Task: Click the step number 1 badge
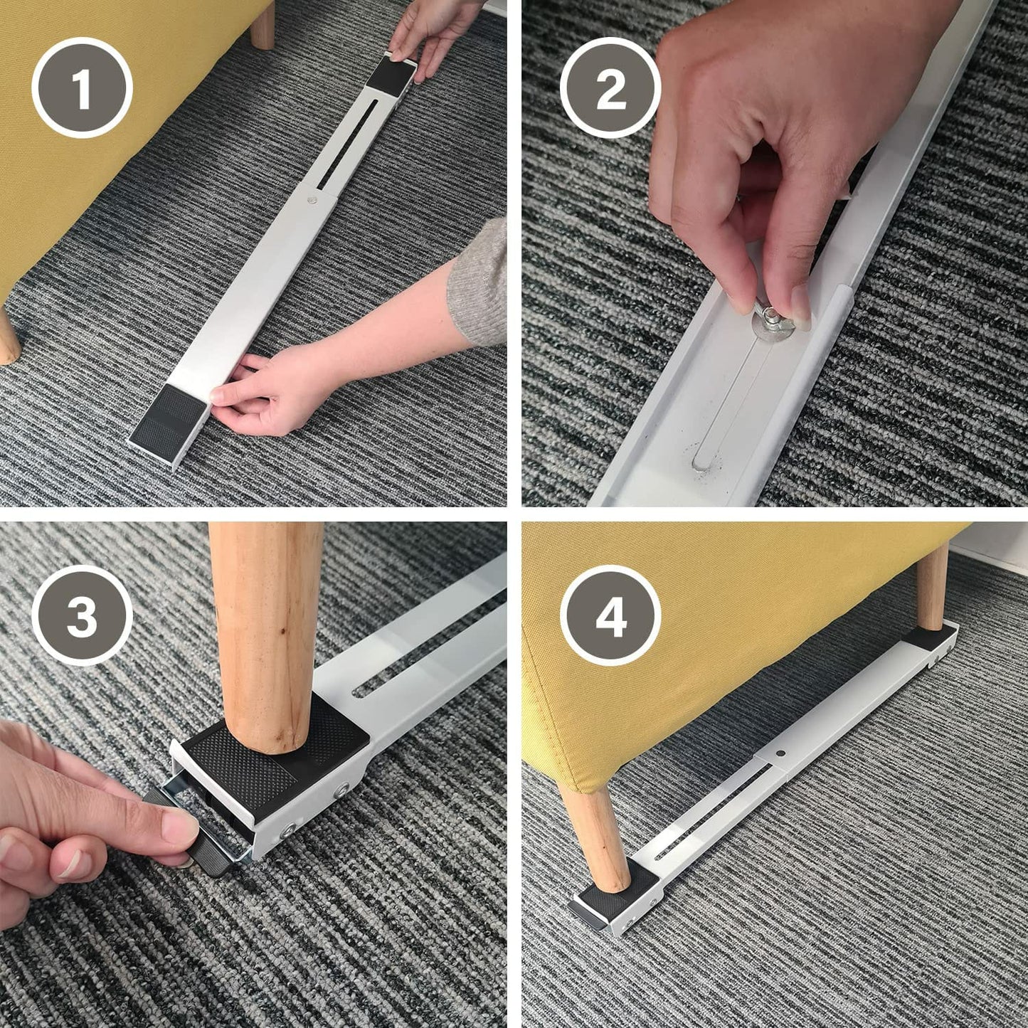(82, 88)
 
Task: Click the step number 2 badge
(610, 88)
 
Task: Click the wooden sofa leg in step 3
(265, 635)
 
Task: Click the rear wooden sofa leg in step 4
(932, 589)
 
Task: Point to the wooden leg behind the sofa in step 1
(263, 24)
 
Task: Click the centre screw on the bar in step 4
(780, 754)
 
